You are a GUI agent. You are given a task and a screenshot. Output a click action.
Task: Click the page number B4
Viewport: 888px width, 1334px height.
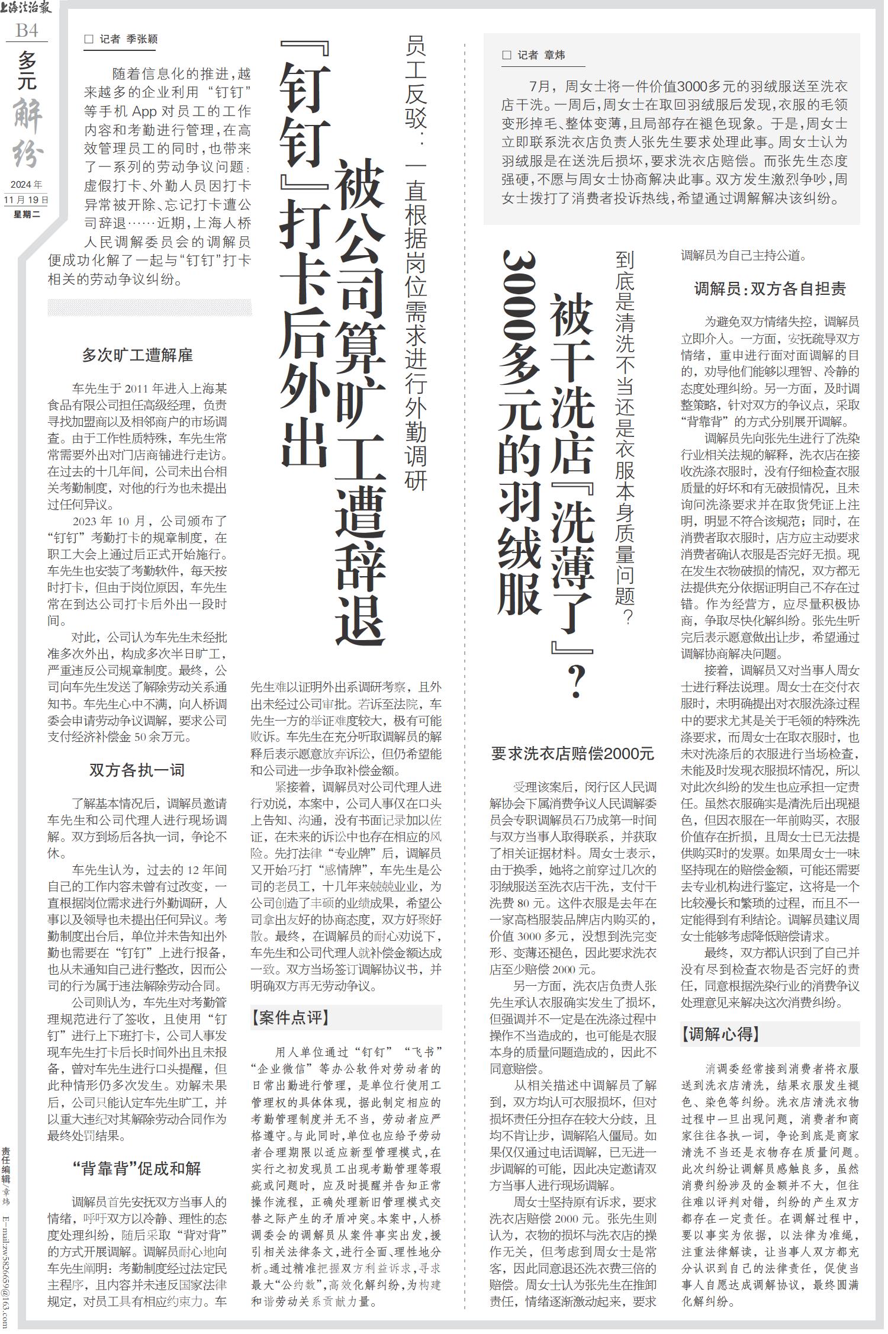click(x=27, y=30)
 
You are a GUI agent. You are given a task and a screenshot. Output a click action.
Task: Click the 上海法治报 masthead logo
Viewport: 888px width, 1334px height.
click(x=27, y=8)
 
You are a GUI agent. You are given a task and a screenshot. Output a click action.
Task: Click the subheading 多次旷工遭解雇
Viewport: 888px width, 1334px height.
click(x=137, y=355)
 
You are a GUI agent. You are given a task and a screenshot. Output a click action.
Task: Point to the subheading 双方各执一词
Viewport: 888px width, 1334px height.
click(x=137, y=770)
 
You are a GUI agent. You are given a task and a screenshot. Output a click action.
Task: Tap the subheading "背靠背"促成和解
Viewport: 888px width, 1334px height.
click(x=137, y=1168)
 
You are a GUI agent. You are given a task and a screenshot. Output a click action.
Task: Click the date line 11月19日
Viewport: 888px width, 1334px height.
click(x=26, y=200)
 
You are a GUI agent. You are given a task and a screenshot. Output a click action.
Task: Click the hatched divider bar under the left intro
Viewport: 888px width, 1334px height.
click(x=149, y=308)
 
